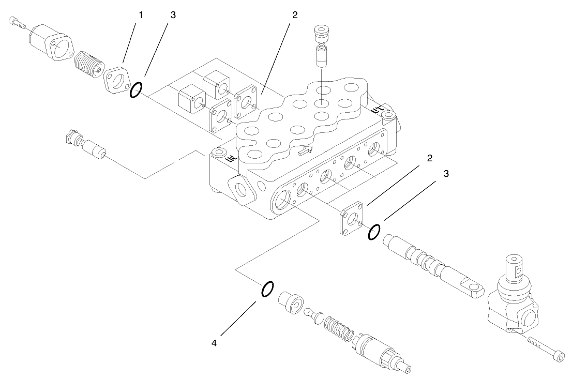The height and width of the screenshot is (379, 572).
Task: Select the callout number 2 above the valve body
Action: click(294, 14)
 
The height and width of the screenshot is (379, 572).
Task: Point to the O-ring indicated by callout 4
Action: click(267, 290)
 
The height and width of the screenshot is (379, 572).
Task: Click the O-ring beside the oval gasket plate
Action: click(136, 90)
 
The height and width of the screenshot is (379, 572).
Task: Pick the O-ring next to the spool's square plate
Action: click(374, 232)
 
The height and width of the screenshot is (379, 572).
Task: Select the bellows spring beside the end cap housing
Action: click(87, 64)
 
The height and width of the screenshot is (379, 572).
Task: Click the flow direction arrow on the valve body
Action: click(306, 151)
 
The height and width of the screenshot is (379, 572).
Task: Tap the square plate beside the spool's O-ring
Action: click(352, 219)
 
